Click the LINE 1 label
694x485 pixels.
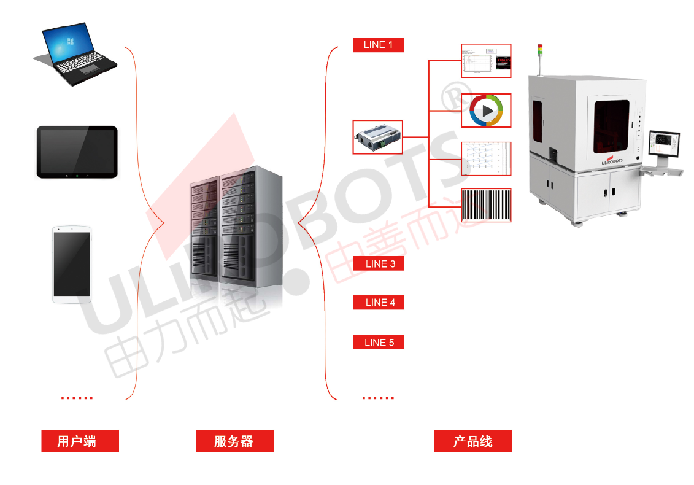coord(379,45)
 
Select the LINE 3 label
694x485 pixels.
coord(379,264)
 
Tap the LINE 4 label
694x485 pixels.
coord(379,303)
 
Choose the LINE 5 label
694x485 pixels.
coord(379,343)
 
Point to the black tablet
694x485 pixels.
coord(77,152)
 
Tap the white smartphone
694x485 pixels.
coord(72,265)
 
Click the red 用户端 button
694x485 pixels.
coord(80,441)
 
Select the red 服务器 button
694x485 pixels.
coord(234,441)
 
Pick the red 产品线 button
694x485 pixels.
coord(472,441)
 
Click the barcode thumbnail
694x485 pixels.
coord(486,205)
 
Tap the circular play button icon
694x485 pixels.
coord(486,111)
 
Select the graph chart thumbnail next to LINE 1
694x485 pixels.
coord(486,60)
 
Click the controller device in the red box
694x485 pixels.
coord(378,137)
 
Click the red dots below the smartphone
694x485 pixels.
coord(77,398)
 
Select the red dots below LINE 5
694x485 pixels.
coord(378,398)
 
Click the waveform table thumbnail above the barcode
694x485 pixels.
coord(486,158)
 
